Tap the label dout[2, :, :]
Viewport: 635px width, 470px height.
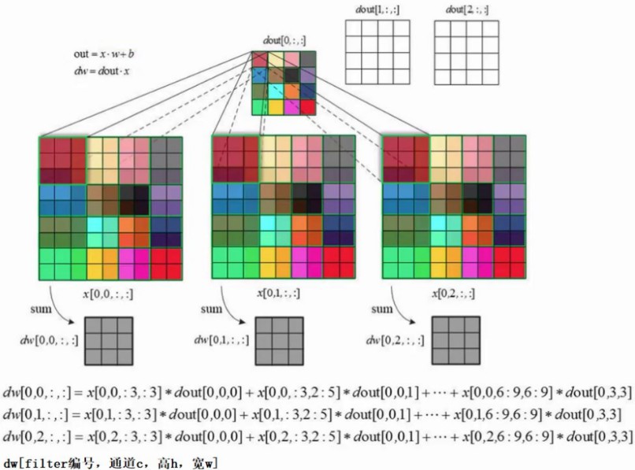(466, 9)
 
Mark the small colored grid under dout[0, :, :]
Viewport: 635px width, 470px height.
(284, 83)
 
